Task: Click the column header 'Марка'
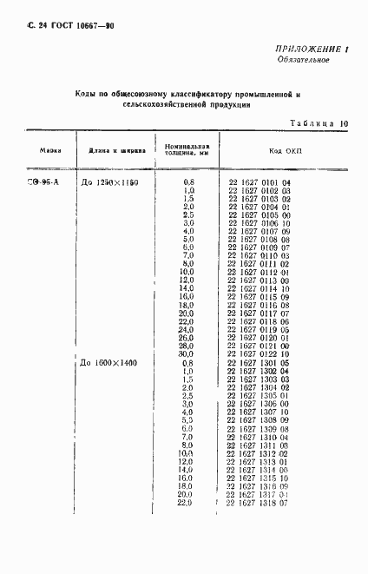coord(49,149)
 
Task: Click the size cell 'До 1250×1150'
coord(109,181)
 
